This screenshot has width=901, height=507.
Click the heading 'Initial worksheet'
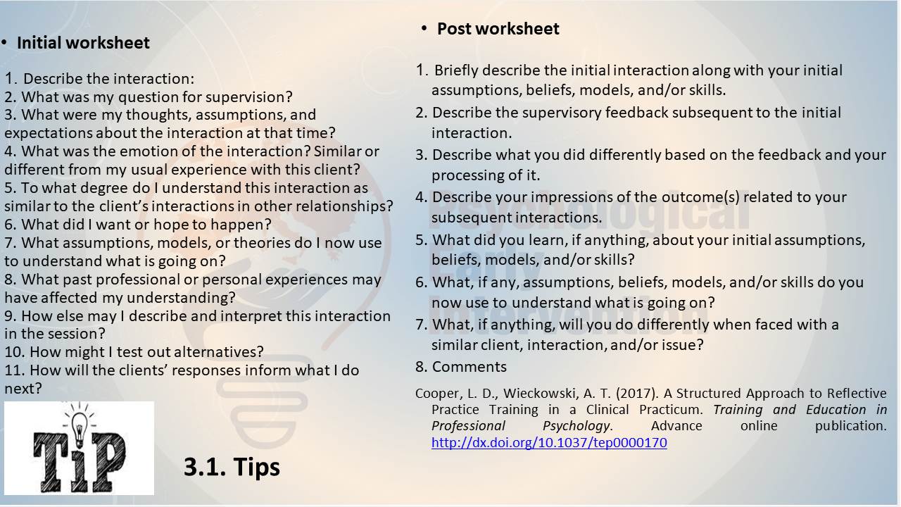point(83,43)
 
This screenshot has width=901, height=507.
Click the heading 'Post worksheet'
point(498,29)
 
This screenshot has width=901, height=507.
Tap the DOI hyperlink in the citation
point(549,443)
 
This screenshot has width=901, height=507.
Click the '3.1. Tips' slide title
point(232,467)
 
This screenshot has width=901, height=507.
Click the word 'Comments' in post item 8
point(470,367)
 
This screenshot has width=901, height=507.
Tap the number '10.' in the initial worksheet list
point(15,352)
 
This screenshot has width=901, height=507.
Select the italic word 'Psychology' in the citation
point(576,426)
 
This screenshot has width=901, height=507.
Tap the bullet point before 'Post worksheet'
point(424,28)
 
